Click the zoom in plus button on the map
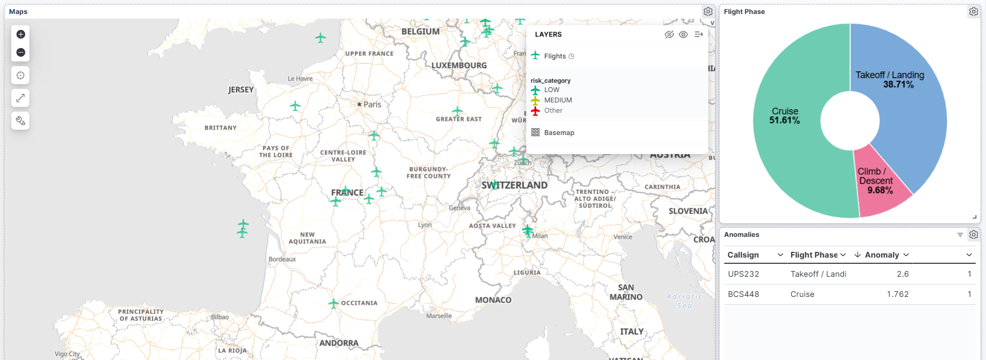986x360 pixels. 21,34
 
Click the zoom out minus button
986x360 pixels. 21,52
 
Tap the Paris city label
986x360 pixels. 372,104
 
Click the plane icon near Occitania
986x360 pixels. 333,304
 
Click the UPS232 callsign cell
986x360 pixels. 744,274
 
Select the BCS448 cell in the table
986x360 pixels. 744,294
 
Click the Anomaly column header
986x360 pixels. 882,255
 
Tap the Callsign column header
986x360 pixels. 743,255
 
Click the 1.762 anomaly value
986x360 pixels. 898,294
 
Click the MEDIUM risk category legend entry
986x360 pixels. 558,100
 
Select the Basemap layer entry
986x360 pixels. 559,133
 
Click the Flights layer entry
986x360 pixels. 555,56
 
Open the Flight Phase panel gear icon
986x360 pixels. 974,11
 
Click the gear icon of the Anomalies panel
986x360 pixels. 974,235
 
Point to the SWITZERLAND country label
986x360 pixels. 514,185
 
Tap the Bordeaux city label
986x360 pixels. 282,259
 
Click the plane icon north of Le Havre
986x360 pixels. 321,38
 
